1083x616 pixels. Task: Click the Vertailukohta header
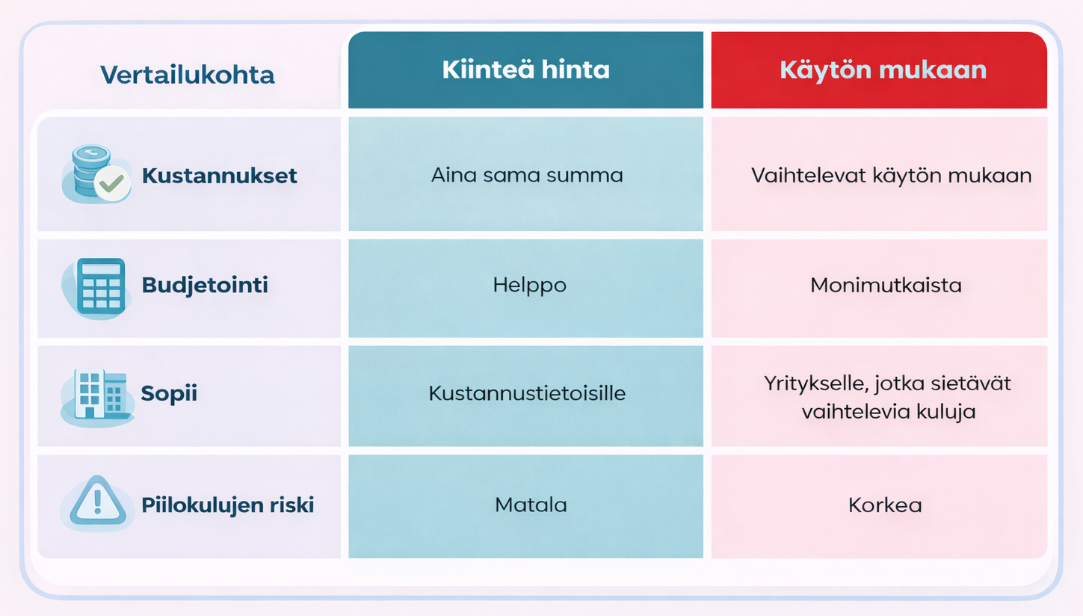tap(187, 75)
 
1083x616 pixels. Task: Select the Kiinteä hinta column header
tap(525, 70)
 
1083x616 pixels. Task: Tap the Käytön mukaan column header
tap(883, 70)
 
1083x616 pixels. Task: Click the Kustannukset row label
tap(219, 176)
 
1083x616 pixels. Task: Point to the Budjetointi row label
tap(204, 286)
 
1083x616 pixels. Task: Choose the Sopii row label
tap(169, 394)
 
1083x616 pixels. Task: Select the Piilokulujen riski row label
tap(227, 505)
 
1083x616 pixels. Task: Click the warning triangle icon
tap(97, 502)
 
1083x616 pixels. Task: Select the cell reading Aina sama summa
tap(526, 176)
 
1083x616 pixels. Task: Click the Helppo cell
tap(529, 286)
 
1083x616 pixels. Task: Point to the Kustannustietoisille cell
tap(527, 394)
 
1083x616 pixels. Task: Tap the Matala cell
tap(531, 505)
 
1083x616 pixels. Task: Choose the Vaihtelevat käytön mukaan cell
tap(891, 176)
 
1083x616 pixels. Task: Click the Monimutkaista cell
tap(886, 286)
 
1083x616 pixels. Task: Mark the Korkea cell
tap(885, 505)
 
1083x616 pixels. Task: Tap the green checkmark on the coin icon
tap(112, 183)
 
